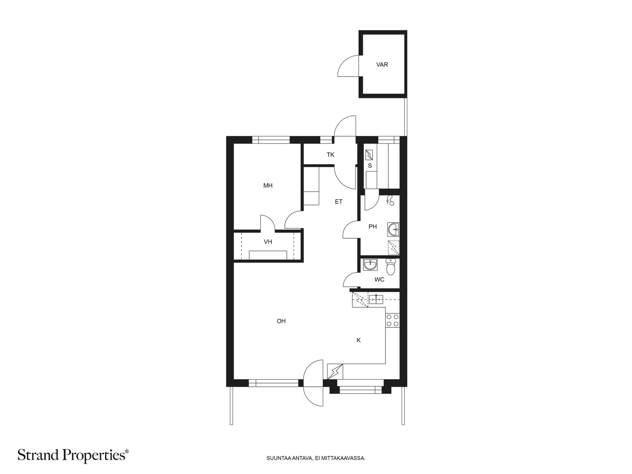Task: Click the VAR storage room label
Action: (x=382, y=65)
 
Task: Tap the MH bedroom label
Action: (x=268, y=186)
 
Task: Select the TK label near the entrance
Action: (x=330, y=155)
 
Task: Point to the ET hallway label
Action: (x=339, y=202)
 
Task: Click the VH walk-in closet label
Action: (x=268, y=242)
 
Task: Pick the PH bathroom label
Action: (x=372, y=227)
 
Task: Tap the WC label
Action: (x=379, y=279)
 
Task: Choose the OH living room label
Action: (x=281, y=321)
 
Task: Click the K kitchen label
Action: (x=359, y=340)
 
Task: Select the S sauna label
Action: (x=370, y=166)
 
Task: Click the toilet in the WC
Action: (x=391, y=267)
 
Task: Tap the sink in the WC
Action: (x=370, y=265)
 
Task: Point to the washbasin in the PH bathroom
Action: (x=393, y=229)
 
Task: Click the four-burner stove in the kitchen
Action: (x=393, y=320)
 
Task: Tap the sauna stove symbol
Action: (x=369, y=155)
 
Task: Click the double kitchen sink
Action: (x=376, y=299)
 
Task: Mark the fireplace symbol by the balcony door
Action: (x=335, y=372)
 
